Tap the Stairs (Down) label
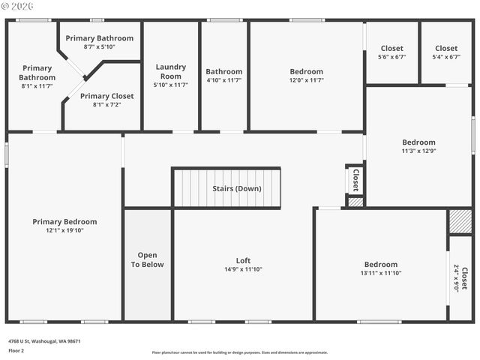[236, 188]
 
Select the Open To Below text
[147, 259]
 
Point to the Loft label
[243, 260]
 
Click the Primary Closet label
[106, 96]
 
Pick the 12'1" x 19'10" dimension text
[64, 230]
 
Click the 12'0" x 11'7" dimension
[306, 80]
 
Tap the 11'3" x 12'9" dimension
[418, 151]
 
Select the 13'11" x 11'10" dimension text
[381, 273]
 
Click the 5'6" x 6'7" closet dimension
[391, 57]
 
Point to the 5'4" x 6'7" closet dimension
[445, 57]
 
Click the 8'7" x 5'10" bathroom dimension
[99, 46]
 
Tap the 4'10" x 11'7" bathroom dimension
[224, 80]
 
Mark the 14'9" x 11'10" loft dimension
[243, 269]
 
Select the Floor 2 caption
[16, 350]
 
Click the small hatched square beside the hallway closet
[355, 201]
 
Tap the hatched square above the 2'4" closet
[459, 222]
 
